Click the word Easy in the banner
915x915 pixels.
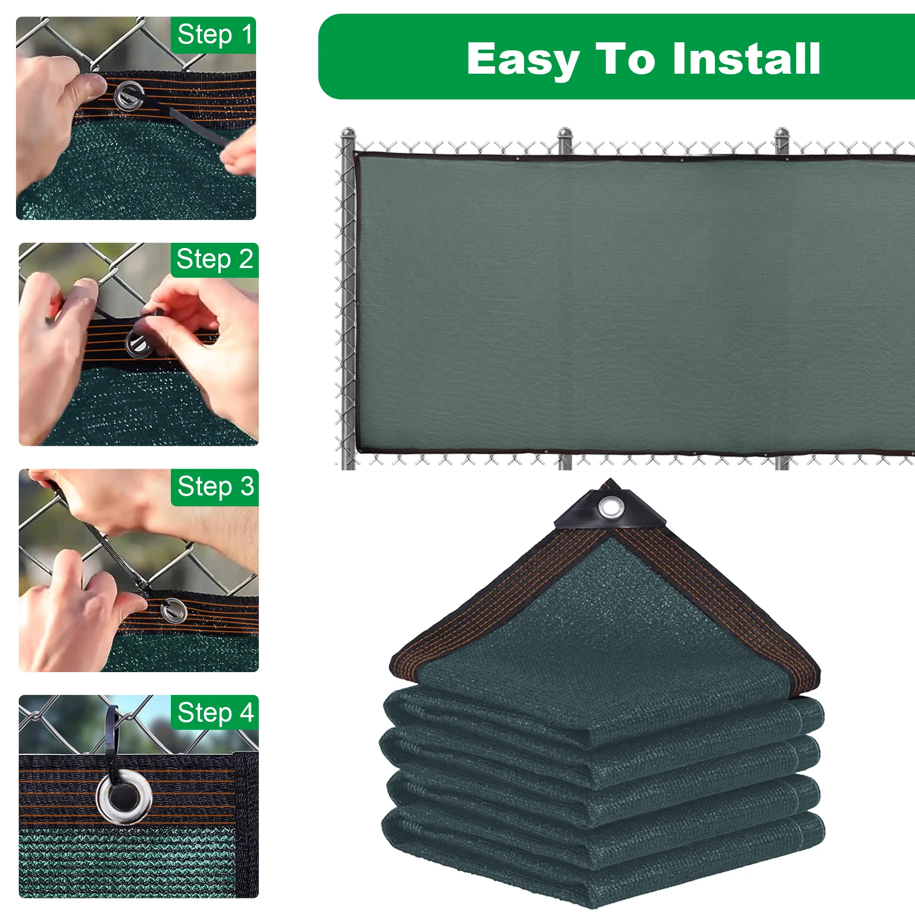point(522,59)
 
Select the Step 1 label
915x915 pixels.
point(214,35)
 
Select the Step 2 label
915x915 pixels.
point(214,260)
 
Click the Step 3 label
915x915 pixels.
point(215,487)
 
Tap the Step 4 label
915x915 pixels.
point(215,713)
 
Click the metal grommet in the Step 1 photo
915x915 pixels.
point(128,95)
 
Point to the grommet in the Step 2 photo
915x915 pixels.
point(138,343)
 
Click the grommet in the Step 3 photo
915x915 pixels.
point(173,611)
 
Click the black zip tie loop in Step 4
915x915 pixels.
point(111,729)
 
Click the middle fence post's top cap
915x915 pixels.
point(565,134)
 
